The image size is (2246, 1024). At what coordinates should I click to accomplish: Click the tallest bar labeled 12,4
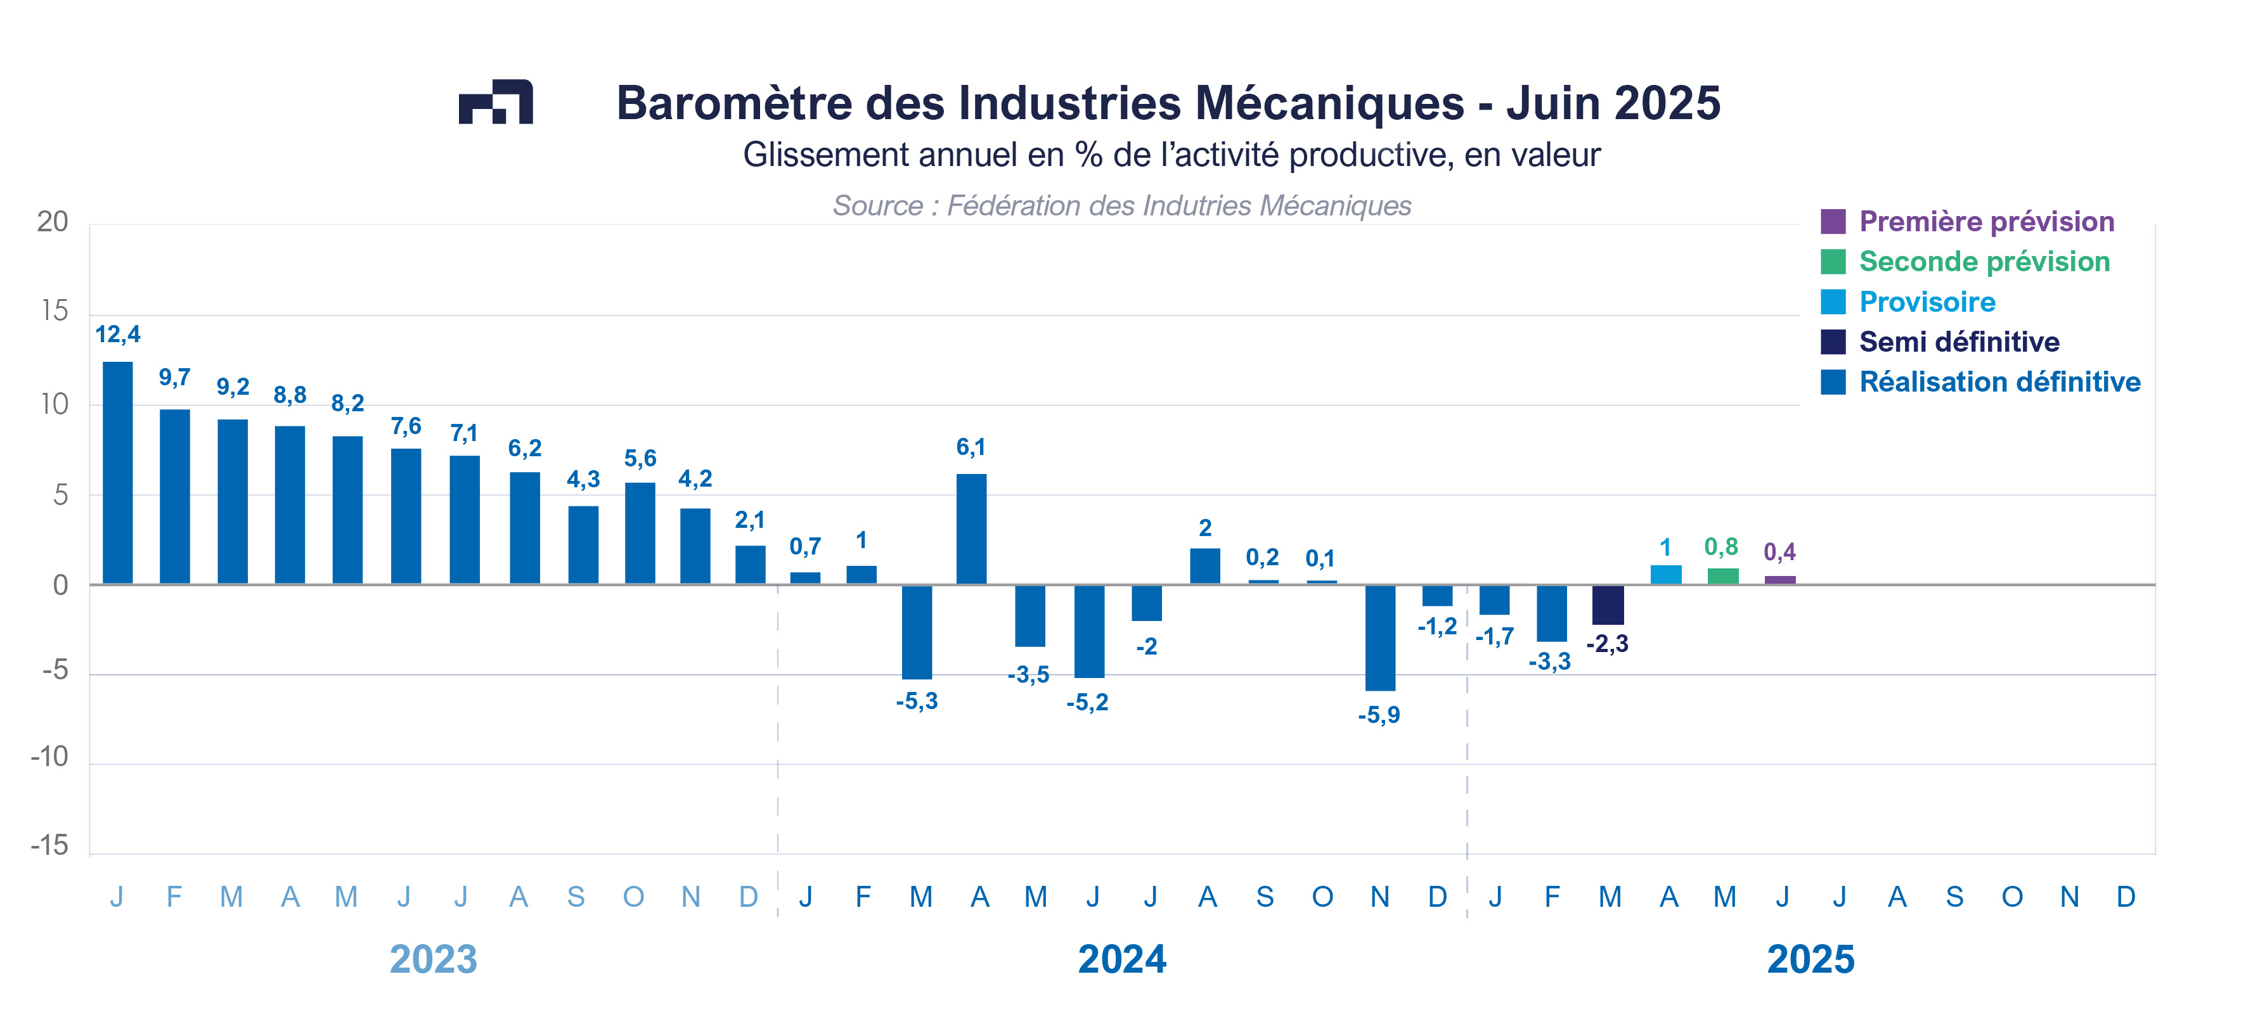coord(118,472)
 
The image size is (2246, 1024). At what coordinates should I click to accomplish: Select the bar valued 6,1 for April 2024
coord(971,529)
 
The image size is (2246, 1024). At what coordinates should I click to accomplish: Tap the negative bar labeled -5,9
coord(1379,638)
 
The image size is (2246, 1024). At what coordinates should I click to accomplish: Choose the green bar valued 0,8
coord(1723,577)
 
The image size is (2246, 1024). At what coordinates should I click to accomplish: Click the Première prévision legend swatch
coord(1833,221)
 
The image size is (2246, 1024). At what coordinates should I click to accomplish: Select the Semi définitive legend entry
coord(1958,342)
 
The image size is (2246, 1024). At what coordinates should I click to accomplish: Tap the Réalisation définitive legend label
coord(1999,381)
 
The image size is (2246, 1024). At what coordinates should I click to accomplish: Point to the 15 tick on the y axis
coord(54,311)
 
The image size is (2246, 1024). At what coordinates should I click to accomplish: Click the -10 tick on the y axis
coord(49,757)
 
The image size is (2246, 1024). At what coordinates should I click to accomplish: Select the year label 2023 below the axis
coord(434,959)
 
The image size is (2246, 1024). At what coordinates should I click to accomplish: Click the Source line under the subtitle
coord(1121,206)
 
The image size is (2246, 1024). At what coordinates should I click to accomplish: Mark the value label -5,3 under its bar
coord(917,701)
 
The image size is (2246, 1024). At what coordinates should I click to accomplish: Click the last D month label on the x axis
coord(2126,897)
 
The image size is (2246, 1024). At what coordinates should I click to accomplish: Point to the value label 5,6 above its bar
coord(640,458)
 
